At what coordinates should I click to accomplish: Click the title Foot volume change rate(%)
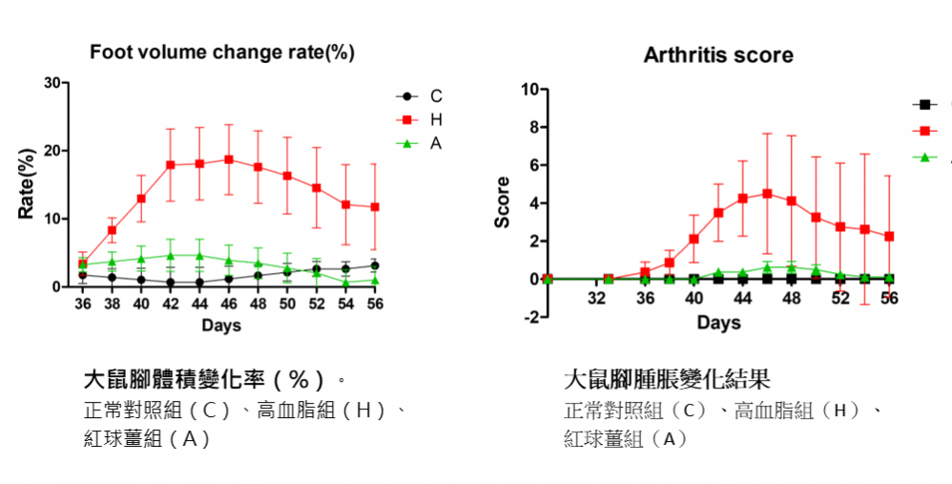[221, 53]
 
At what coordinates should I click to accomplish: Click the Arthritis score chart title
[717, 55]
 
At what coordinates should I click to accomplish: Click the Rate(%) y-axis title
[27, 183]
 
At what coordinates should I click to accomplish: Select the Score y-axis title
[502, 202]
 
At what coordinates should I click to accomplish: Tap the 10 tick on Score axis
[527, 90]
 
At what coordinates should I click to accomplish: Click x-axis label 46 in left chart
[229, 304]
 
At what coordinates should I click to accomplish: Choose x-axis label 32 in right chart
[597, 298]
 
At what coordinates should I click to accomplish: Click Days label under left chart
[221, 325]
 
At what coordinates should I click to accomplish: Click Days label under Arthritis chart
[718, 323]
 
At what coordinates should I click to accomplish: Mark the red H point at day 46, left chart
[229, 159]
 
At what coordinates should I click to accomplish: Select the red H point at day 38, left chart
[112, 230]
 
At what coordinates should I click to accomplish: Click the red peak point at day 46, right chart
[767, 193]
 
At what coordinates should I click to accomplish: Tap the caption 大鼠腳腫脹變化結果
[667, 379]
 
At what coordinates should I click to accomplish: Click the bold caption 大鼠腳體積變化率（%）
[210, 379]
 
